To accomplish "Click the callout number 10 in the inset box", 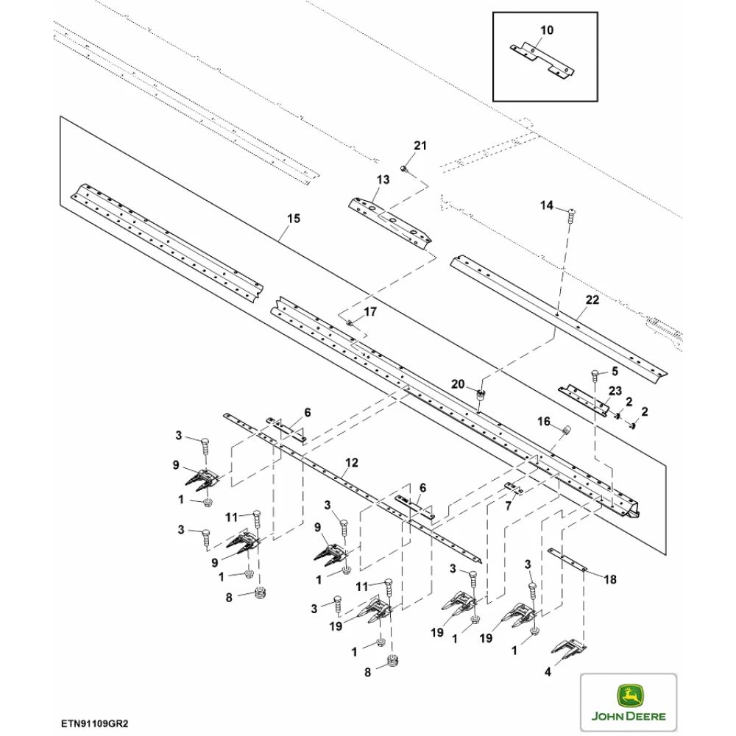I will tap(546, 30).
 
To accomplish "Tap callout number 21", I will tap(420, 146).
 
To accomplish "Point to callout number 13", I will tap(383, 180).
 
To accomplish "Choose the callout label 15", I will tap(294, 219).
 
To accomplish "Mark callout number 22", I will tap(593, 300).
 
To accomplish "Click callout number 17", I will tap(369, 312).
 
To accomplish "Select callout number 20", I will tap(458, 384).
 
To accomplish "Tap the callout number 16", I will tap(543, 421).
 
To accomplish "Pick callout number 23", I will tap(615, 391).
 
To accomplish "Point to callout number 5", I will tap(615, 372).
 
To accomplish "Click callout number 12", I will tap(352, 462).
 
